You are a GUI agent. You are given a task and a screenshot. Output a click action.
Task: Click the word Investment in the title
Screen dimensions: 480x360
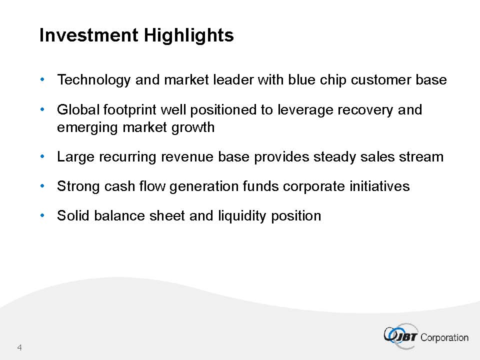pos(89,35)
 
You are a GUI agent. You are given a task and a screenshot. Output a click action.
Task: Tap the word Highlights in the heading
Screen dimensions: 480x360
pos(189,35)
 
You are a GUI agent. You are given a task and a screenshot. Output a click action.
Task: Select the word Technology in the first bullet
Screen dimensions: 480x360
pos(94,80)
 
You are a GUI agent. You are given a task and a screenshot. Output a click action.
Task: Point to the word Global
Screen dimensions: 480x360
pos(78,109)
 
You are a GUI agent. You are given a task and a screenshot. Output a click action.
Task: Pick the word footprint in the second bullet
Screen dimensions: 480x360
pos(130,110)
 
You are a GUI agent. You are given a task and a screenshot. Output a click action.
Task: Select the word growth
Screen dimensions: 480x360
pos(193,127)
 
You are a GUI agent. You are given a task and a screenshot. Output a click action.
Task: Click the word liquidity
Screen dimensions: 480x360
pos(242,216)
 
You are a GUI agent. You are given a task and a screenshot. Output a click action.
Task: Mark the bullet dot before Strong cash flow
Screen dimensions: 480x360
pos(42,185)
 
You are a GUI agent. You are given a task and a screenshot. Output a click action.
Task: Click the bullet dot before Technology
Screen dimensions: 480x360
pos(42,79)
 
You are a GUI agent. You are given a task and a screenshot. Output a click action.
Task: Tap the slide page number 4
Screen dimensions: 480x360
pos(19,347)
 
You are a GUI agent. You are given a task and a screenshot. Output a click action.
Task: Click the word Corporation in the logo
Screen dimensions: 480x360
pos(444,337)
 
